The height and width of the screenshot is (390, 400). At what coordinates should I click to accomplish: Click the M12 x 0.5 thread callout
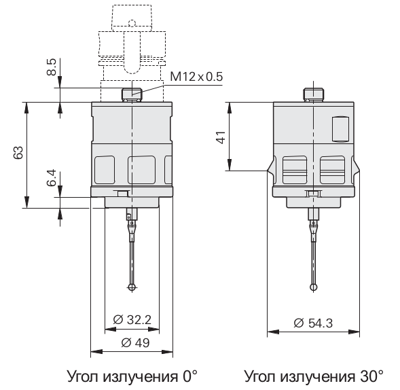tap(196, 77)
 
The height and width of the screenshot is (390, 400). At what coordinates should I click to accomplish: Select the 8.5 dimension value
tap(52, 67)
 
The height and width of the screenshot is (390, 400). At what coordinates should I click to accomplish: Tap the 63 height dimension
tap(18, 153)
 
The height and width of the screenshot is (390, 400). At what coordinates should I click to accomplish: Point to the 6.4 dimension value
tap(52, 177)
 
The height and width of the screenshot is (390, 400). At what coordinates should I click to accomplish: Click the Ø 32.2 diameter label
tap(132, 319)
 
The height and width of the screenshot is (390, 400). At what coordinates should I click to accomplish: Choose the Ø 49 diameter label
tap(135, 342)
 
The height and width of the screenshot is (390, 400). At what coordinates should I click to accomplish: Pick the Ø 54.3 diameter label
tap(313, 323)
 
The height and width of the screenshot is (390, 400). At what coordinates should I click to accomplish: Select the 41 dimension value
tap(221, 137)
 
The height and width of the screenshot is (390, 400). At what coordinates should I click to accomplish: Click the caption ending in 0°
tap(132, 376)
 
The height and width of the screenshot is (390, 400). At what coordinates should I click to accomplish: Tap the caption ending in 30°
tap(314, 376)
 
